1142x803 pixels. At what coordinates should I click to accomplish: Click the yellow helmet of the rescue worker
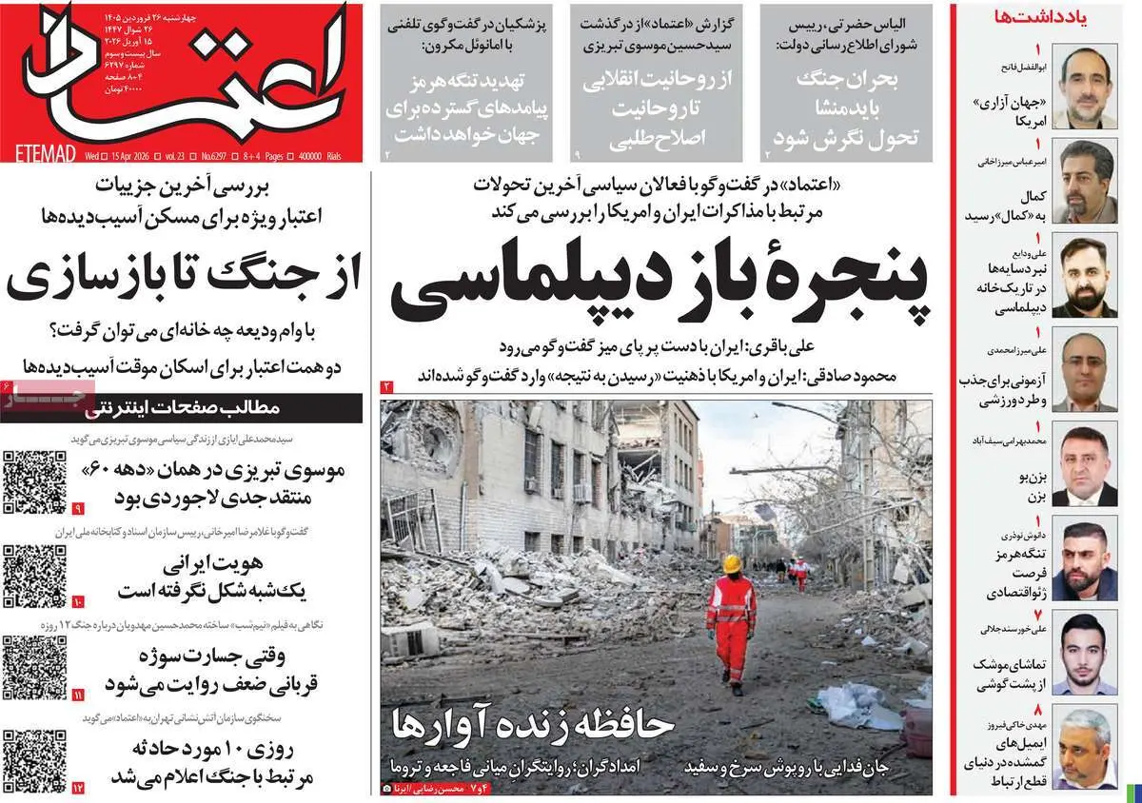pyautogui.click(x=731, y=564)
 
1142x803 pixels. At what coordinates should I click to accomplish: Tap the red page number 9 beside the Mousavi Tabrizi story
pyautogui.click(x=78, y=509)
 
